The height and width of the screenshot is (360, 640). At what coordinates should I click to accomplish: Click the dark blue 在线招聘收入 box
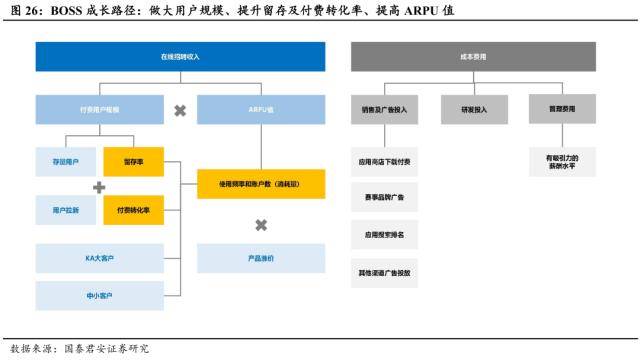pos(180,57)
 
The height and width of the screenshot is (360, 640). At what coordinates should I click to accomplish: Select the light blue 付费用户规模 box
pos(98,109)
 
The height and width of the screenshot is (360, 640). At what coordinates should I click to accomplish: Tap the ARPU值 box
pos(260,109)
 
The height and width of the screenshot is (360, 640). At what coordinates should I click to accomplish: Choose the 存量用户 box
pos(66,160)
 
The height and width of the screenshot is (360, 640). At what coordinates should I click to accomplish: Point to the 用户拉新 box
pos(66,210)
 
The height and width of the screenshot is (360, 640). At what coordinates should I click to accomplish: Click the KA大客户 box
pos(98,258)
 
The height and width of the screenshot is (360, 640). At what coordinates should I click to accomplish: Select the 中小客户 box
pos(98,295)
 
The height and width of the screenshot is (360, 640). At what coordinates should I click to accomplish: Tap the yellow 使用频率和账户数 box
pos(260,184)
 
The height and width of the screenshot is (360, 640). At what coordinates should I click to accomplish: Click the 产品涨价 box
pos(260,258)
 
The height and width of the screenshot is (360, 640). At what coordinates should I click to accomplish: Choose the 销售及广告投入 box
pos(384,109)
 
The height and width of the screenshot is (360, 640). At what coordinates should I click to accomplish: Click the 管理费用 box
pos(561,109)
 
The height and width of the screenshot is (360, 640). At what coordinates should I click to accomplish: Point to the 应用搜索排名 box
pos(384,235)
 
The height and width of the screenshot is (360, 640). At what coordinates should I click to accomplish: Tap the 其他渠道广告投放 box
pos(384,272)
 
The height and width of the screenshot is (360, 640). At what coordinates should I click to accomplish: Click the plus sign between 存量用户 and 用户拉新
pos(99,187)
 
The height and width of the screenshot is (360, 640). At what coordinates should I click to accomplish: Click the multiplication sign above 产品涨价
pos(260,225)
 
